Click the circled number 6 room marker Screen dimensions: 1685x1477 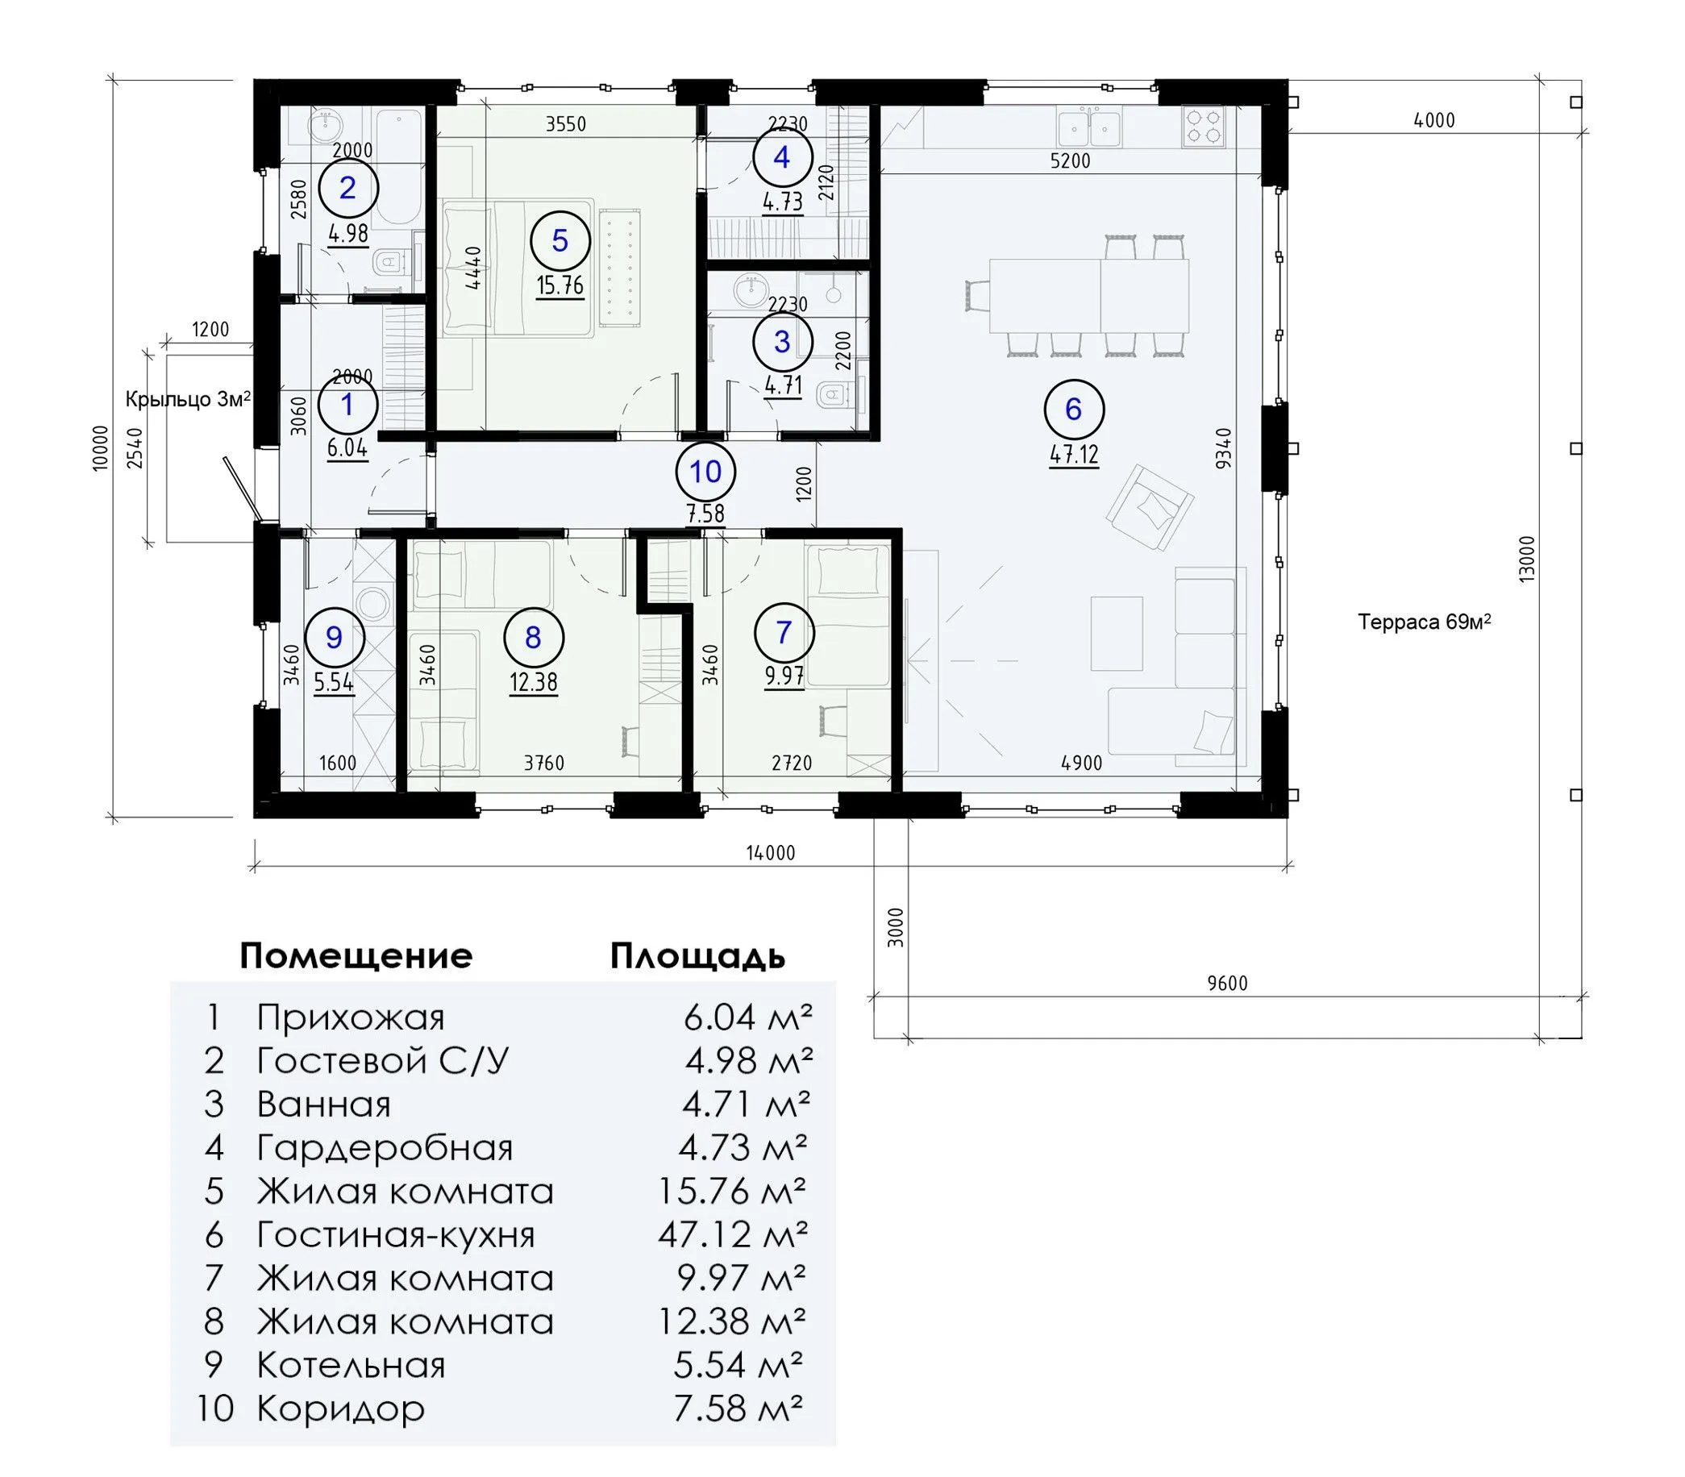[1073, 409]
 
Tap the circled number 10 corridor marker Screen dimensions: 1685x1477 [705, 472]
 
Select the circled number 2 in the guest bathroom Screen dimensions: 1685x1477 [347, 189]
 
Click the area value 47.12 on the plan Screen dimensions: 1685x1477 [1073, 454]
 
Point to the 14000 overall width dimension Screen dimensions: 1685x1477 [771, 852]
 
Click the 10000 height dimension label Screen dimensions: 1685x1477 [101, 447]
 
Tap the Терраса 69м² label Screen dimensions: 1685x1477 [1425, 622]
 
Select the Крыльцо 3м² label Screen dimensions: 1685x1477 [188, 400]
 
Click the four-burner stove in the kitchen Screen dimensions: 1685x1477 [1202, 126]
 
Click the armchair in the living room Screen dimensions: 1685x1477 [1150, 506]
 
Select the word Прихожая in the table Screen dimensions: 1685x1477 [351, 1018]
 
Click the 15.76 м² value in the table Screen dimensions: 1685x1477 [732, 1190]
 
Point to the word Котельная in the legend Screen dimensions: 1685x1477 [352, 1365]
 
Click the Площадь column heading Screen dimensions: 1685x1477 [697, 957]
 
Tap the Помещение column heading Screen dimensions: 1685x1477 [356, 956]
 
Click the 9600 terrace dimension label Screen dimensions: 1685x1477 [1228, 983]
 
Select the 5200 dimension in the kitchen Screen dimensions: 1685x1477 [1071, 160]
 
